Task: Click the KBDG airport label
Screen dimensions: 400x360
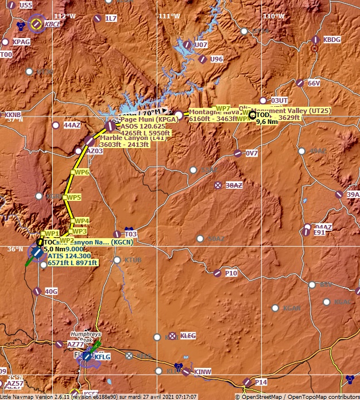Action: [x=332, y=40]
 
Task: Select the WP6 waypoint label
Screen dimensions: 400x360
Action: [x=82, y=172]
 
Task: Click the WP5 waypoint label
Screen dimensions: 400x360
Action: [x=73, y=197]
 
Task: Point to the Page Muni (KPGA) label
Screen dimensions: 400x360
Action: [x=141, y=119]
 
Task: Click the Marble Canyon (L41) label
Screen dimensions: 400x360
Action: [x=125, y=138]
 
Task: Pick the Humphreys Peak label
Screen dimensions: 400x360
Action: [x=85, y=336]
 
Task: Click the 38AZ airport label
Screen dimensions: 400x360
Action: [x=234, y=185]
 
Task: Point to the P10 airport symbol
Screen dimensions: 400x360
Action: [x=217, y=274]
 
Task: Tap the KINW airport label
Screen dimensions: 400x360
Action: [x=203, y=372]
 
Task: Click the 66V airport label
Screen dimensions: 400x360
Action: [x=313, y=83]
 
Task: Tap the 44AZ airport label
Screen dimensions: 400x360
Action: [x=72, y=125]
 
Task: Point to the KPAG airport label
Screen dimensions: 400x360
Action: [x=21, y=42]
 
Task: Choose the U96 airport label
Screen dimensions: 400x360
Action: [x=216, y=59]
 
